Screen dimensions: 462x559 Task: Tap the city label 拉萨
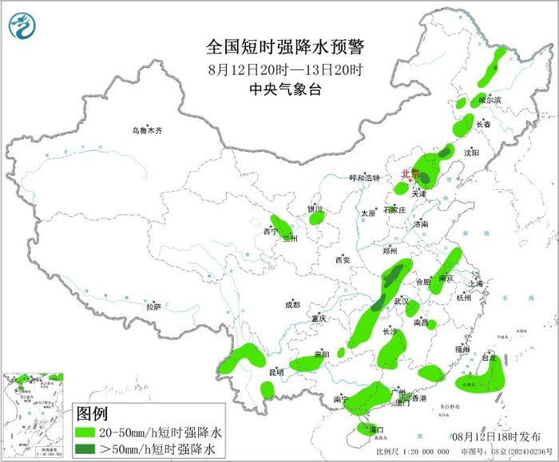[x=153, y=306]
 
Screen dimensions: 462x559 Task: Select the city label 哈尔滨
[x=490, y=101]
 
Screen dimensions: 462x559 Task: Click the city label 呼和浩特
[x=365, y=178]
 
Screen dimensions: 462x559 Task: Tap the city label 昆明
[x=276, y=372]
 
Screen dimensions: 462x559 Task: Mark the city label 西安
[x=343, y=260]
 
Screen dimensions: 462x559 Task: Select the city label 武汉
[x=400, y=301]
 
